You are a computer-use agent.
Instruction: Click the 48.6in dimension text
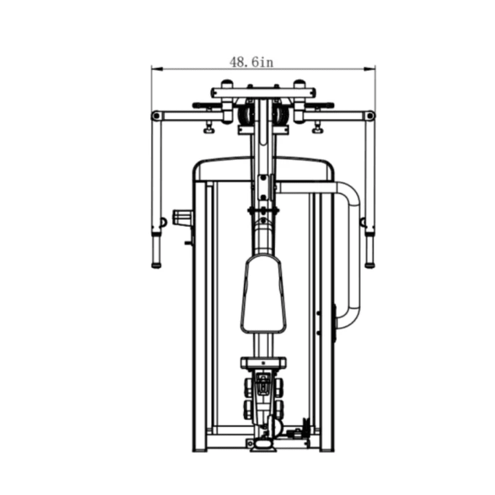pyautogui.click(x=252, y=62)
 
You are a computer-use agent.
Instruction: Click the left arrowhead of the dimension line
pyautogui.click(x=157, y=69)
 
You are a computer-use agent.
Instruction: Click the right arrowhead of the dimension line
pyautogui.click(x=370, y=69)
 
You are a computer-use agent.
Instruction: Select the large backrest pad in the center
pyautogui.click(x=263, y=294)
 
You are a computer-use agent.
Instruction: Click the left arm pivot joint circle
pyautogui.click(x=156, y=116)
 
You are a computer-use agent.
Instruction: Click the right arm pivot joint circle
pyautogui.click(x=371, y=116)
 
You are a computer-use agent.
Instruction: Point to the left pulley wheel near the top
pyautogui.click(x=245, y=114)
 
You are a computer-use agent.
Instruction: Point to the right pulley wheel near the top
pyautogui.click(x=280, y=114)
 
